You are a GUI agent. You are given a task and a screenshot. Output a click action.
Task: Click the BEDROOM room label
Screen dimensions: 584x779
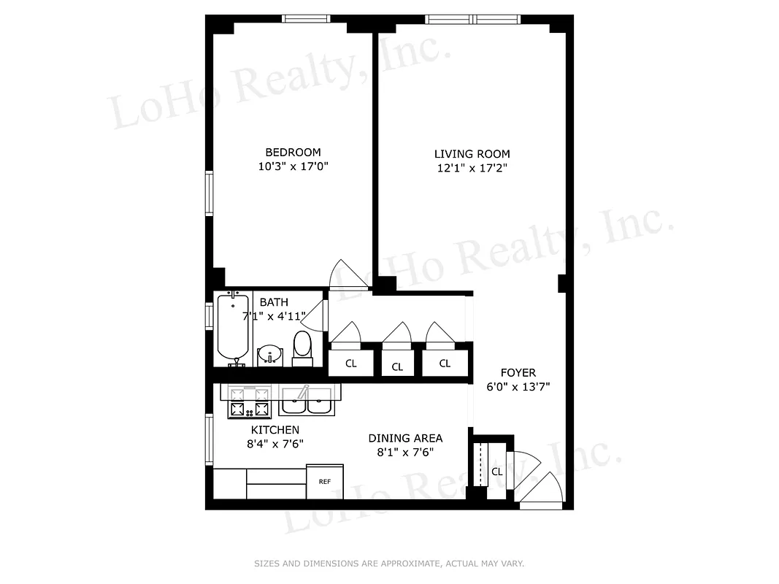point(293,152)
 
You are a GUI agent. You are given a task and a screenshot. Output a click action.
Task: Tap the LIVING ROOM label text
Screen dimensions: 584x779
point(472,154)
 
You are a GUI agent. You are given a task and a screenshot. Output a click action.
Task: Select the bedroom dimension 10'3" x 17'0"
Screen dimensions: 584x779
point(293,166)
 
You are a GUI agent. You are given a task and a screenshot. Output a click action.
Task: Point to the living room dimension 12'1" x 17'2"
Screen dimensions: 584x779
point(472,169)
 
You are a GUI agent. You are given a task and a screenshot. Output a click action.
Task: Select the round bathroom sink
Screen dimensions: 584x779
point(269,355)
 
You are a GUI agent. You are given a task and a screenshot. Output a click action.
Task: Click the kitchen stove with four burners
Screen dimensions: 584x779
point(250,401)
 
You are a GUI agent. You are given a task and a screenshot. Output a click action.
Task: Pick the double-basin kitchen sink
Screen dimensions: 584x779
point(307,400)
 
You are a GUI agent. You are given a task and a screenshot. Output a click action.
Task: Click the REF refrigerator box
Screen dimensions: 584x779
point(324,481)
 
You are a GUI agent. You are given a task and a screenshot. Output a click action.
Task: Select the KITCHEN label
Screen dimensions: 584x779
point(275,430)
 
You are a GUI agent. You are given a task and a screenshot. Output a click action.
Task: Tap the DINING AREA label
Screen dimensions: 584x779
point(405,438)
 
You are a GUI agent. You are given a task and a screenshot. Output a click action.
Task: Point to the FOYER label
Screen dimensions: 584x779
point(518,373)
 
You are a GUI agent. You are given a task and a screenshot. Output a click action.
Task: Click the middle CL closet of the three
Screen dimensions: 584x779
point(397,366)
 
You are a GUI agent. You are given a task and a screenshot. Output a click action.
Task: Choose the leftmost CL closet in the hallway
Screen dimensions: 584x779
point(350,364)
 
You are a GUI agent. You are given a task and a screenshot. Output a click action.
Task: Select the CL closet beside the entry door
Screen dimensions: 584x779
point(496,472)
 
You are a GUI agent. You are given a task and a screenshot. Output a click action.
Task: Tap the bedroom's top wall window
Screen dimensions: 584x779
point(307,19)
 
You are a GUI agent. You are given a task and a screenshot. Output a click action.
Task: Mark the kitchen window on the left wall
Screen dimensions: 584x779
point(209,439)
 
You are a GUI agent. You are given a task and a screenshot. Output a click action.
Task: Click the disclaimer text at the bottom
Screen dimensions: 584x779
point(389,564)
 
